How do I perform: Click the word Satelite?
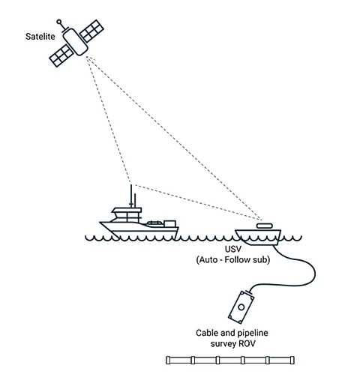pyautogui.click(x=40, y=37)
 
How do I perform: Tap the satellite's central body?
pyautogui.click(x=75, y=42)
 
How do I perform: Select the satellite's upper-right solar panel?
pyautogui.click(x=91, y=31)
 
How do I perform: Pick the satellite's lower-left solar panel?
pyautogui.click(x=61, y=55)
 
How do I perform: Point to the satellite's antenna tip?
pyautogui.click(x=59, y=22)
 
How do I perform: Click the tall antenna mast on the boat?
pyautogui.click(x=131, y=196)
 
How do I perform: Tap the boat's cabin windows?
pyautogui.click(x=127, y=217)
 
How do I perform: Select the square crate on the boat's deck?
pyautogui.click(x=169, y=223)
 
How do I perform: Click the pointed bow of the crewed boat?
pyautogui.click(x=100, y=223)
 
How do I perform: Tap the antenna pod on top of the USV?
pyautogui.click(x=264, y=226)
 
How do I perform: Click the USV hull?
pyautogui.click(x=258, y=237)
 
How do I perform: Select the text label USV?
pyautogui.click(x=233, y=249)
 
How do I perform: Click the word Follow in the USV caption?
pyautogui.click(x=237, y=260)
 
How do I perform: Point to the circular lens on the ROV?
pyautogui.click(x=241, y=307)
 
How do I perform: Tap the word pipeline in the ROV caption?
pyautogui.click(x=253, y=334)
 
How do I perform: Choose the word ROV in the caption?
pyautogui.click(x=247, y=344)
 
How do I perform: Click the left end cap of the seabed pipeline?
pyautogui.click(x=168, y=360)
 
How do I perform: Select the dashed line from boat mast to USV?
pyautogui.click(x=197, y=202)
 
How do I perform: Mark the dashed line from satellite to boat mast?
pyautogui.click(x=109, y=120)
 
